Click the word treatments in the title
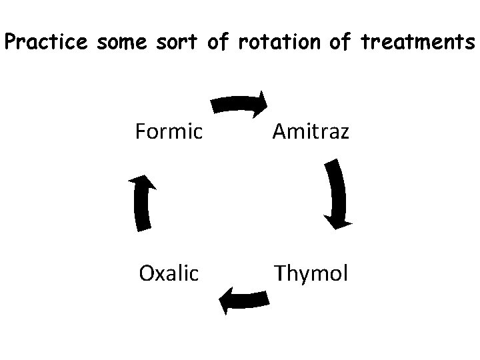(417, 43)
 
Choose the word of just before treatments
(340, 43)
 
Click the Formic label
(169, 132)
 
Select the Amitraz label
(309, 132)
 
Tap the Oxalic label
(169, 273)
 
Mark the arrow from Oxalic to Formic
(141, 203)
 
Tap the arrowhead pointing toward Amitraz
(259, 105)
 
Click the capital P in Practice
(11, 43)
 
